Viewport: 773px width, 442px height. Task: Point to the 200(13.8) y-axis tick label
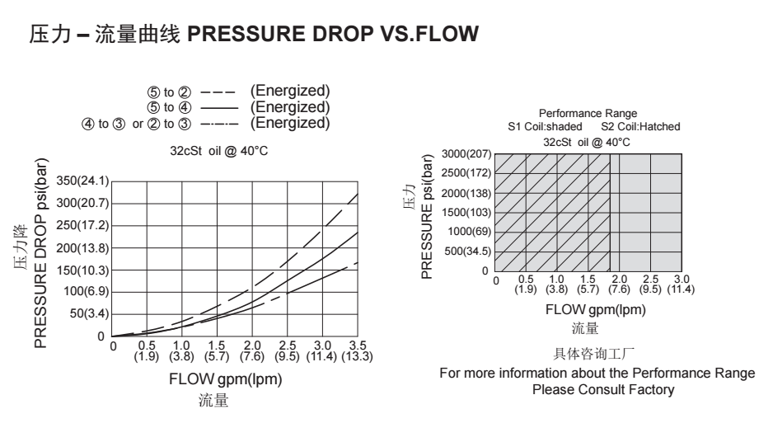click(x=82, y=247)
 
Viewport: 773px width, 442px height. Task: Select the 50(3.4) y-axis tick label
click(x=88, y=314)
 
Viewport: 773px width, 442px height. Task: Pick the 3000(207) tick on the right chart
click(x=466, y=154)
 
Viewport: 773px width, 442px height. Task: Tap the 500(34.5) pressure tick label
click(x=468, y=252)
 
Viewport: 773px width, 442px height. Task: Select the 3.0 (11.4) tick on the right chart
click(x=681, y=285)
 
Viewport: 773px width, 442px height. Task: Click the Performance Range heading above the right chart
click(x=588, y=113)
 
